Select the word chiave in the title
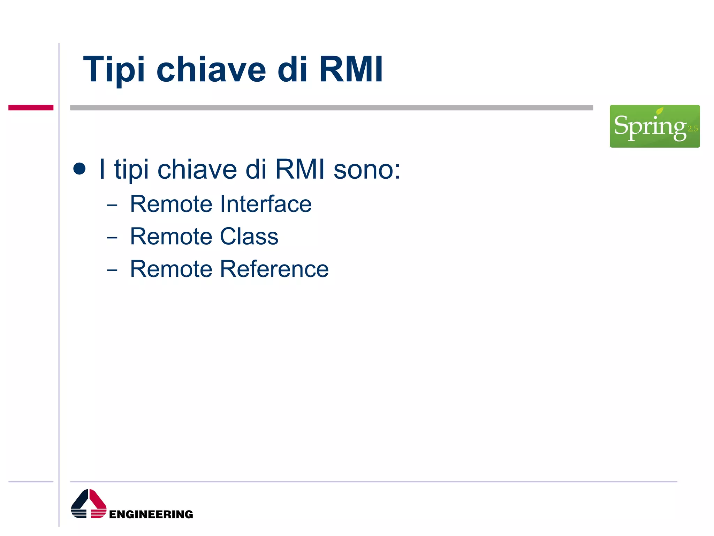pyautogui.click(x=211, y=70)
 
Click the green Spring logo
pyautogui.click(x=654, y=126)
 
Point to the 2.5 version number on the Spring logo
pyautogui.click(x=693, y=129)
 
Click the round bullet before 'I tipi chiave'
pyautogui.click(x=79, y=169)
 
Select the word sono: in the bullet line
pyautogui.click(x=367, y=170)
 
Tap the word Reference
pyautogui.click(x=274, y=269)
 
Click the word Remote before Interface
pyautogui.click(x=171, y=204)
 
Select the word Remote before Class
pyautogui.click(x=171, y=237)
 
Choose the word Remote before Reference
pyautogui.click(x=171, y=269)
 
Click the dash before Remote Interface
pyautogui.click(x=112, y=205)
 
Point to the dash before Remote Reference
pyautogui.click(x=112, y=270)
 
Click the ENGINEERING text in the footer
pyautogui.click(x=151, y=514)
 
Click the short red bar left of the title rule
pyautogui.click(x=31, y=107)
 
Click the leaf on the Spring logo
pyautogui.click(x=660, y=111)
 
